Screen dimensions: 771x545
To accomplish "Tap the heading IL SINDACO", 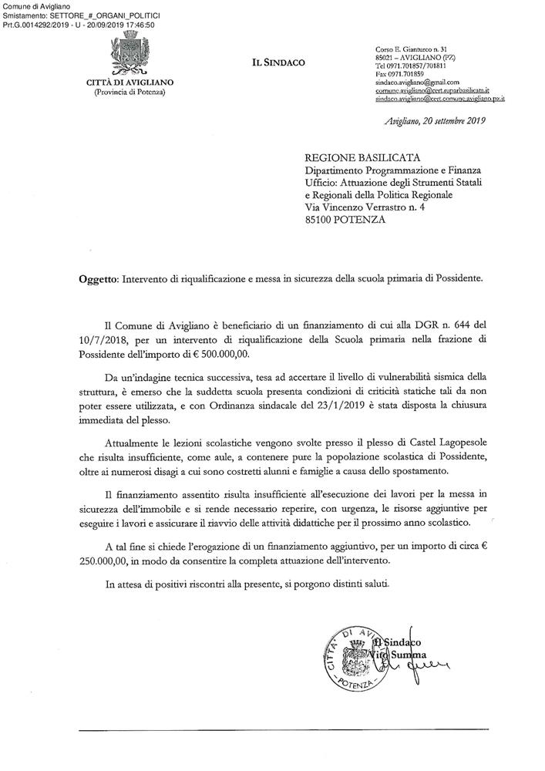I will (x=278, y=62).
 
